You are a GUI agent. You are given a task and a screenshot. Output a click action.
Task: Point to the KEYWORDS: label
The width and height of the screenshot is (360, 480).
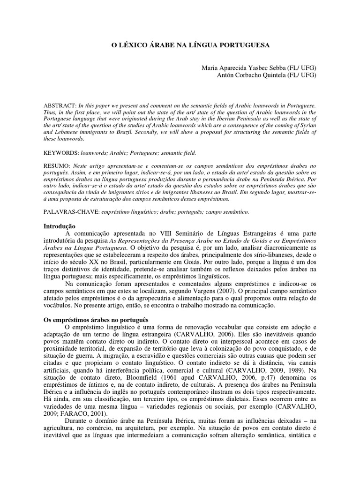(60, 153)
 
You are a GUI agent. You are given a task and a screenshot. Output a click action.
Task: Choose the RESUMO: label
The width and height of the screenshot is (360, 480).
(56, 166)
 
